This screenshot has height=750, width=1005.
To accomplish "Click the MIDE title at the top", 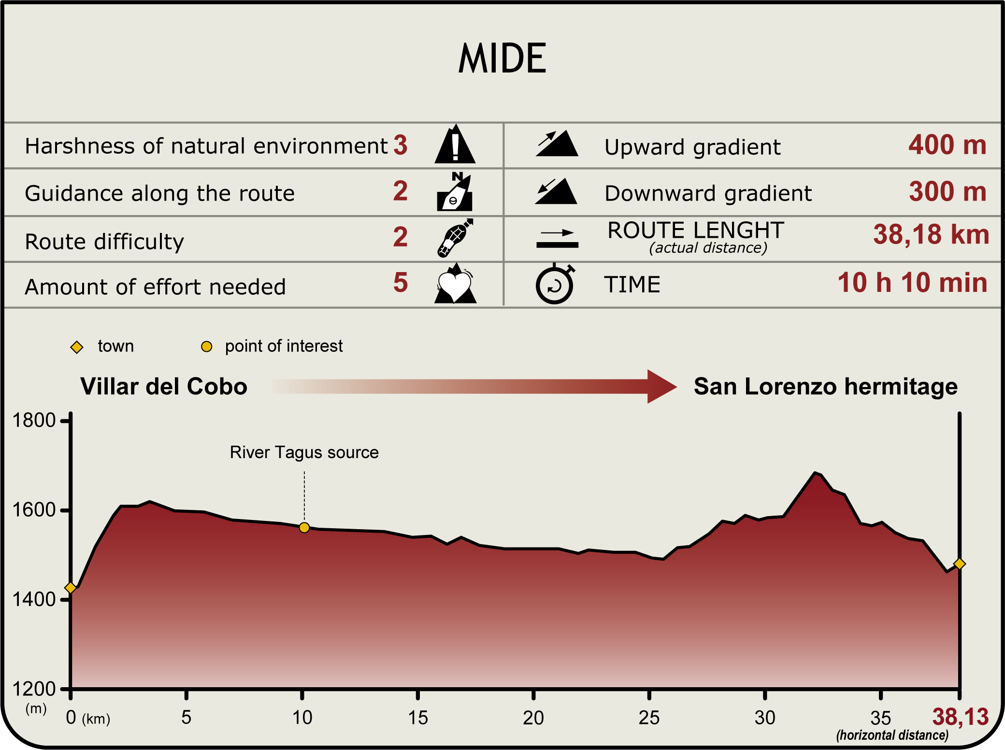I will coord(502,58).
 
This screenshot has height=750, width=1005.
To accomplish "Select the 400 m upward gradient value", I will coord(947,144).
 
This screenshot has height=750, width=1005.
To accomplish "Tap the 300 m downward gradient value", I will coord(947,191).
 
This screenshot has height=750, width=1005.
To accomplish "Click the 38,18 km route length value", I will coord(931,234).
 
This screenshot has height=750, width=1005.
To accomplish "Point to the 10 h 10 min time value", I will coord(912,283).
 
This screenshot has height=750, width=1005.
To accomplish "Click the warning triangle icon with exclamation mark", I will coord(455,145).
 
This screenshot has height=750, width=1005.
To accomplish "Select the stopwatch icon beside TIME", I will coord(555,284).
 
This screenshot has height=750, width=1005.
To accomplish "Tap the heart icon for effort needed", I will coord(455,285).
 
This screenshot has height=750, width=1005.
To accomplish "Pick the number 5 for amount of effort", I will coord(401,283).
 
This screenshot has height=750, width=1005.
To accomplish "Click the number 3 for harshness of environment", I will coord(400,145).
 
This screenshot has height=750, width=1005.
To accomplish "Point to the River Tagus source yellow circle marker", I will coord(304,528).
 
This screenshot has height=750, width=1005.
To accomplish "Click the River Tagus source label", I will coord(304,452).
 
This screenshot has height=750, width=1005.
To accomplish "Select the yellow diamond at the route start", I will coord(71,588).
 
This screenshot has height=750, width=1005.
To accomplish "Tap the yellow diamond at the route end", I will coord(960,564).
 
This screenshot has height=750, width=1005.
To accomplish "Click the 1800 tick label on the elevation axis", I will coord(34,420).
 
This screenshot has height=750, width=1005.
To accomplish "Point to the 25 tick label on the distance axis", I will coord(649,718).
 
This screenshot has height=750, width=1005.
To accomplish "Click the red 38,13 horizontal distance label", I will coord(960,717).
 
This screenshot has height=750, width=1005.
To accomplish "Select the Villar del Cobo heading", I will coord(164,387).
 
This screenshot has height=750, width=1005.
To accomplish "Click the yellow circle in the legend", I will coord(207,346).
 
